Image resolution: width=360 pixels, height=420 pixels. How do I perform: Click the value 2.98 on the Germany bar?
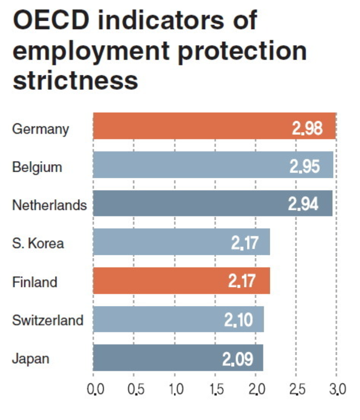(x=307, y=128)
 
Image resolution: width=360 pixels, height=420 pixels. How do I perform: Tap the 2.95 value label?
(x=305, y=166)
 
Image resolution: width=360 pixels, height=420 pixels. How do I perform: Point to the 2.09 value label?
(x=238, y=360)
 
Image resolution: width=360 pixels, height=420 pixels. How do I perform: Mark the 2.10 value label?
(x=239, y=321)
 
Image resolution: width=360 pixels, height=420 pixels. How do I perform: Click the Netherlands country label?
(x=49, y=205)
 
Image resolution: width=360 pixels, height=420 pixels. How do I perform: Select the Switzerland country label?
(x=48, y=320)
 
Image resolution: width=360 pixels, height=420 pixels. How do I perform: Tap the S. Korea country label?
(x=38, y=243)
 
